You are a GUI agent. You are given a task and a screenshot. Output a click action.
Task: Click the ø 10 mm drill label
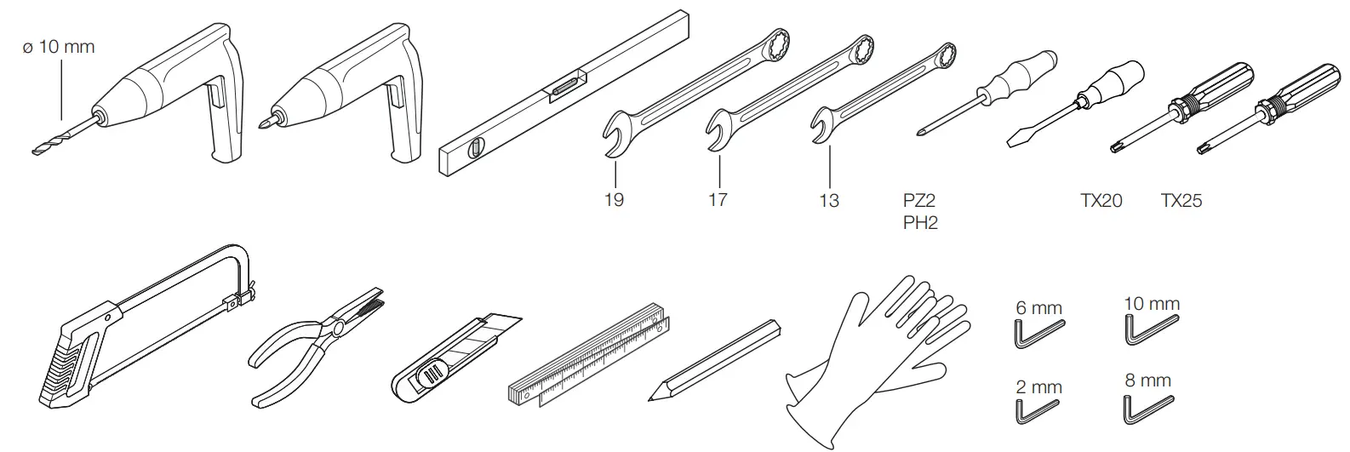[59, 47]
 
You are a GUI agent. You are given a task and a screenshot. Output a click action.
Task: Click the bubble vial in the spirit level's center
[564, 83]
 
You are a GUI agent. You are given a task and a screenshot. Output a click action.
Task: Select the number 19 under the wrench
[614, 199]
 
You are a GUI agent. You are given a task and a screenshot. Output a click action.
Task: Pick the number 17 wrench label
[718, 199]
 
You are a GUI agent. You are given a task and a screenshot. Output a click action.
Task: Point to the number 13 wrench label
[829, 200]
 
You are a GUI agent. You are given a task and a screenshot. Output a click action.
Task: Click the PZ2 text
[919, 199]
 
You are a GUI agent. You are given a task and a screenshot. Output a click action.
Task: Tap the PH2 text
[920, 222]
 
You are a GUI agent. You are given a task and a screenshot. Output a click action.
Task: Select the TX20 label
[1101, 200]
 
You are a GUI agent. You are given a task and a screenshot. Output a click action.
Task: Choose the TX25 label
[1181, 200]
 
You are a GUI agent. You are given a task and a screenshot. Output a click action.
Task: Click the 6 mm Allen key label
[1039, 308]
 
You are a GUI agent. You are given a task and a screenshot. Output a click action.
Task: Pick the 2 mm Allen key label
[1039, 387]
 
